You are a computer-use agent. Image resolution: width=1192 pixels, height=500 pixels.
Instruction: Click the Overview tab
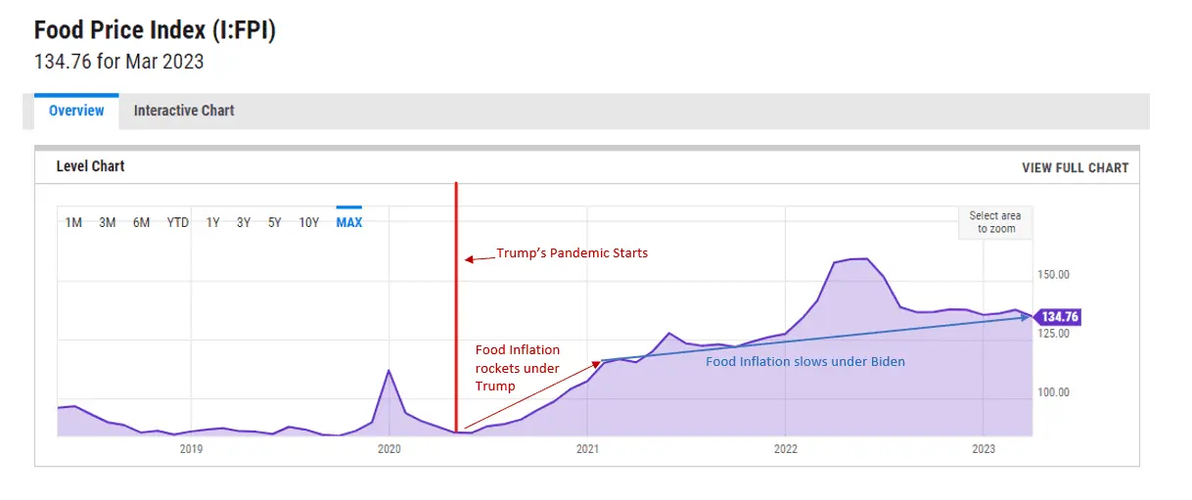76,111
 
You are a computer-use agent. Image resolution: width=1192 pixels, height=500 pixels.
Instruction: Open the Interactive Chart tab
184,111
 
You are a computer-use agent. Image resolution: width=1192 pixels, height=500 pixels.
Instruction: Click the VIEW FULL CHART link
1075,167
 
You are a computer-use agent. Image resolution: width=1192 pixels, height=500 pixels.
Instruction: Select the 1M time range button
73,222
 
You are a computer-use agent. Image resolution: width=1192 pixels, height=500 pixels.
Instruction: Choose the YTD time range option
177,222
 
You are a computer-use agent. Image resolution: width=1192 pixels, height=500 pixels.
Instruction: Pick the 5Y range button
275,222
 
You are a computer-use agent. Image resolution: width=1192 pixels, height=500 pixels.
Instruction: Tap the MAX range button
348,222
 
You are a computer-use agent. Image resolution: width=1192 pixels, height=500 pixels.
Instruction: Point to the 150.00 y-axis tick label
1053,275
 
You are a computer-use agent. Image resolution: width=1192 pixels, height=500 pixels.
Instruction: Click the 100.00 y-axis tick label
1053,392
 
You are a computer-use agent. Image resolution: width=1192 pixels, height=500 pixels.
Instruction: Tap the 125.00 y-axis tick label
1053,334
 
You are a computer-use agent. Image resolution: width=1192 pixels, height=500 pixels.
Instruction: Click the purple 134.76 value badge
1058,317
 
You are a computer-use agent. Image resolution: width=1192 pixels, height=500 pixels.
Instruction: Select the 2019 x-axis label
191,449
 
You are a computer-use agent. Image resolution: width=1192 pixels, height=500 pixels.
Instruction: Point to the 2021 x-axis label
587,449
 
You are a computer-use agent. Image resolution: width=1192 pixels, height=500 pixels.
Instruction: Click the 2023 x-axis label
983,449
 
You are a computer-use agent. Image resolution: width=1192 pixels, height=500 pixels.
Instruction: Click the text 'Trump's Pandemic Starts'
572,253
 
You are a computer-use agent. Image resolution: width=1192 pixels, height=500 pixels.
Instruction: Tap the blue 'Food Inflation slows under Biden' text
805,361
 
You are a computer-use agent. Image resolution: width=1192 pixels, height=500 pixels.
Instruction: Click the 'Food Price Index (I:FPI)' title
155,30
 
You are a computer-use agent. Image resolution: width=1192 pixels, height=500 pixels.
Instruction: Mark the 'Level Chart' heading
90,166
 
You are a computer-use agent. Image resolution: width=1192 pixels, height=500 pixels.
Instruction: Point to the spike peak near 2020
390,371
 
